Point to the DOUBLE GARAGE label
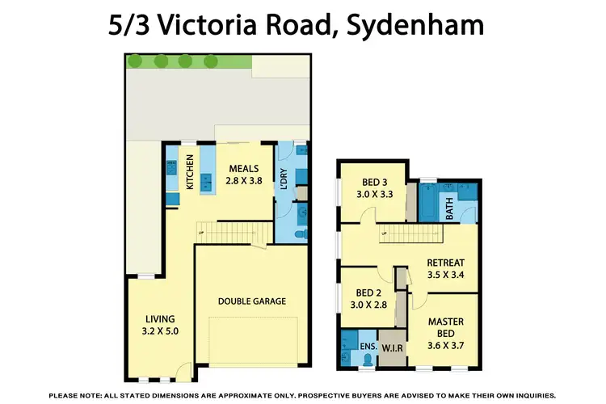pos(251,301)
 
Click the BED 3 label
pos(370,182)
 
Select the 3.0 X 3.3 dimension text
pos(370,195)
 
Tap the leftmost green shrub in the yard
pos(136,61)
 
